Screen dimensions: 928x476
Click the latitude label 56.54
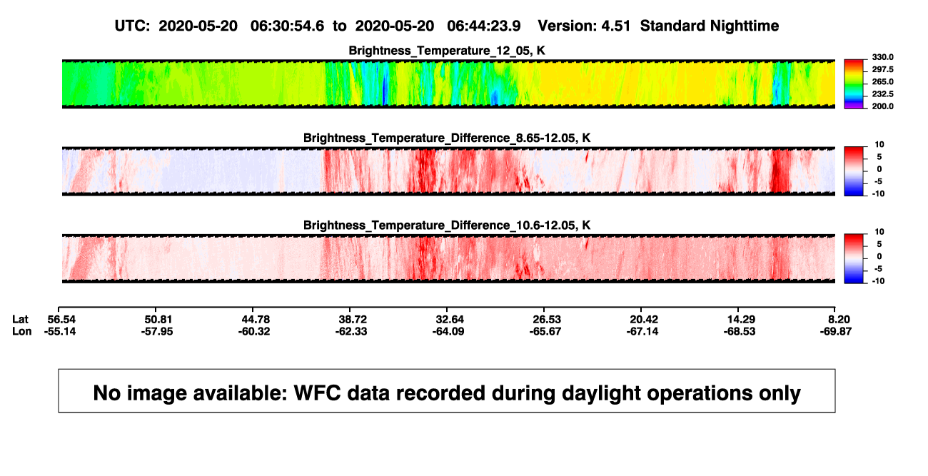61,320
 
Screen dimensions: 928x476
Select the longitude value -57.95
156,331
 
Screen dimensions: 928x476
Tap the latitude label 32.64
450,320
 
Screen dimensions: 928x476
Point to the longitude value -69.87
835,331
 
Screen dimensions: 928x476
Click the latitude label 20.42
644,320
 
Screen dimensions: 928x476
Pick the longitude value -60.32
254,331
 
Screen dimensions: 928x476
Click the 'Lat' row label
20,320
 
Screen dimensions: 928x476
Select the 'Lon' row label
22,331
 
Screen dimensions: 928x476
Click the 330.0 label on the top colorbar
882,57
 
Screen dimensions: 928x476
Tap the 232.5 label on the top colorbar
882,94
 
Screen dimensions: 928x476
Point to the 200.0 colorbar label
882,106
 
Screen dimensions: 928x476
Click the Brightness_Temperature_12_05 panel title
447,51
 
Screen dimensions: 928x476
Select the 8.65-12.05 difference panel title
447,138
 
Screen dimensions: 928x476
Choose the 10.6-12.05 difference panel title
447,226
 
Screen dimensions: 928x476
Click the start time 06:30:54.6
287,26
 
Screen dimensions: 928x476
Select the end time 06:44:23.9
483,26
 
